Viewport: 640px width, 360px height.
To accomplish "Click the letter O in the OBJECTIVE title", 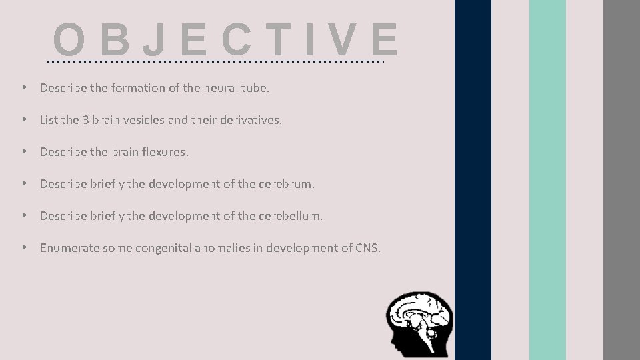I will [69, 40].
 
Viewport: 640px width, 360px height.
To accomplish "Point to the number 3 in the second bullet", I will [85, 121].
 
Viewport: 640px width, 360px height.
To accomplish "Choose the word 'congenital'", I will [164, 248].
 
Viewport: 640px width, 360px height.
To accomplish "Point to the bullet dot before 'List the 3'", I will [23, 121].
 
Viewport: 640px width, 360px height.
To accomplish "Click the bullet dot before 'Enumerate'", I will [23, 248].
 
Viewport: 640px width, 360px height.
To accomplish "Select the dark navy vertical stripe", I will [473, 180].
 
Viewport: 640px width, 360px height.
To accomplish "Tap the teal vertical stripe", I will [547, 180].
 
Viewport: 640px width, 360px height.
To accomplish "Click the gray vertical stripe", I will [621, 180].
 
